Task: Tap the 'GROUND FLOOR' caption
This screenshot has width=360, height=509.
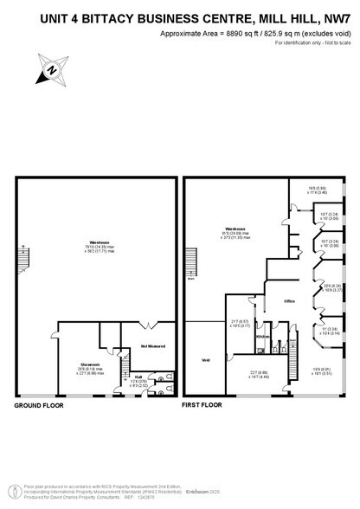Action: [41, 404]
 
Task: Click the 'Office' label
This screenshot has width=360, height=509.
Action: [291, 302]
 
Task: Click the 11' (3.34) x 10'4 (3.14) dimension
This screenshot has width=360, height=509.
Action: [330, 331]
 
